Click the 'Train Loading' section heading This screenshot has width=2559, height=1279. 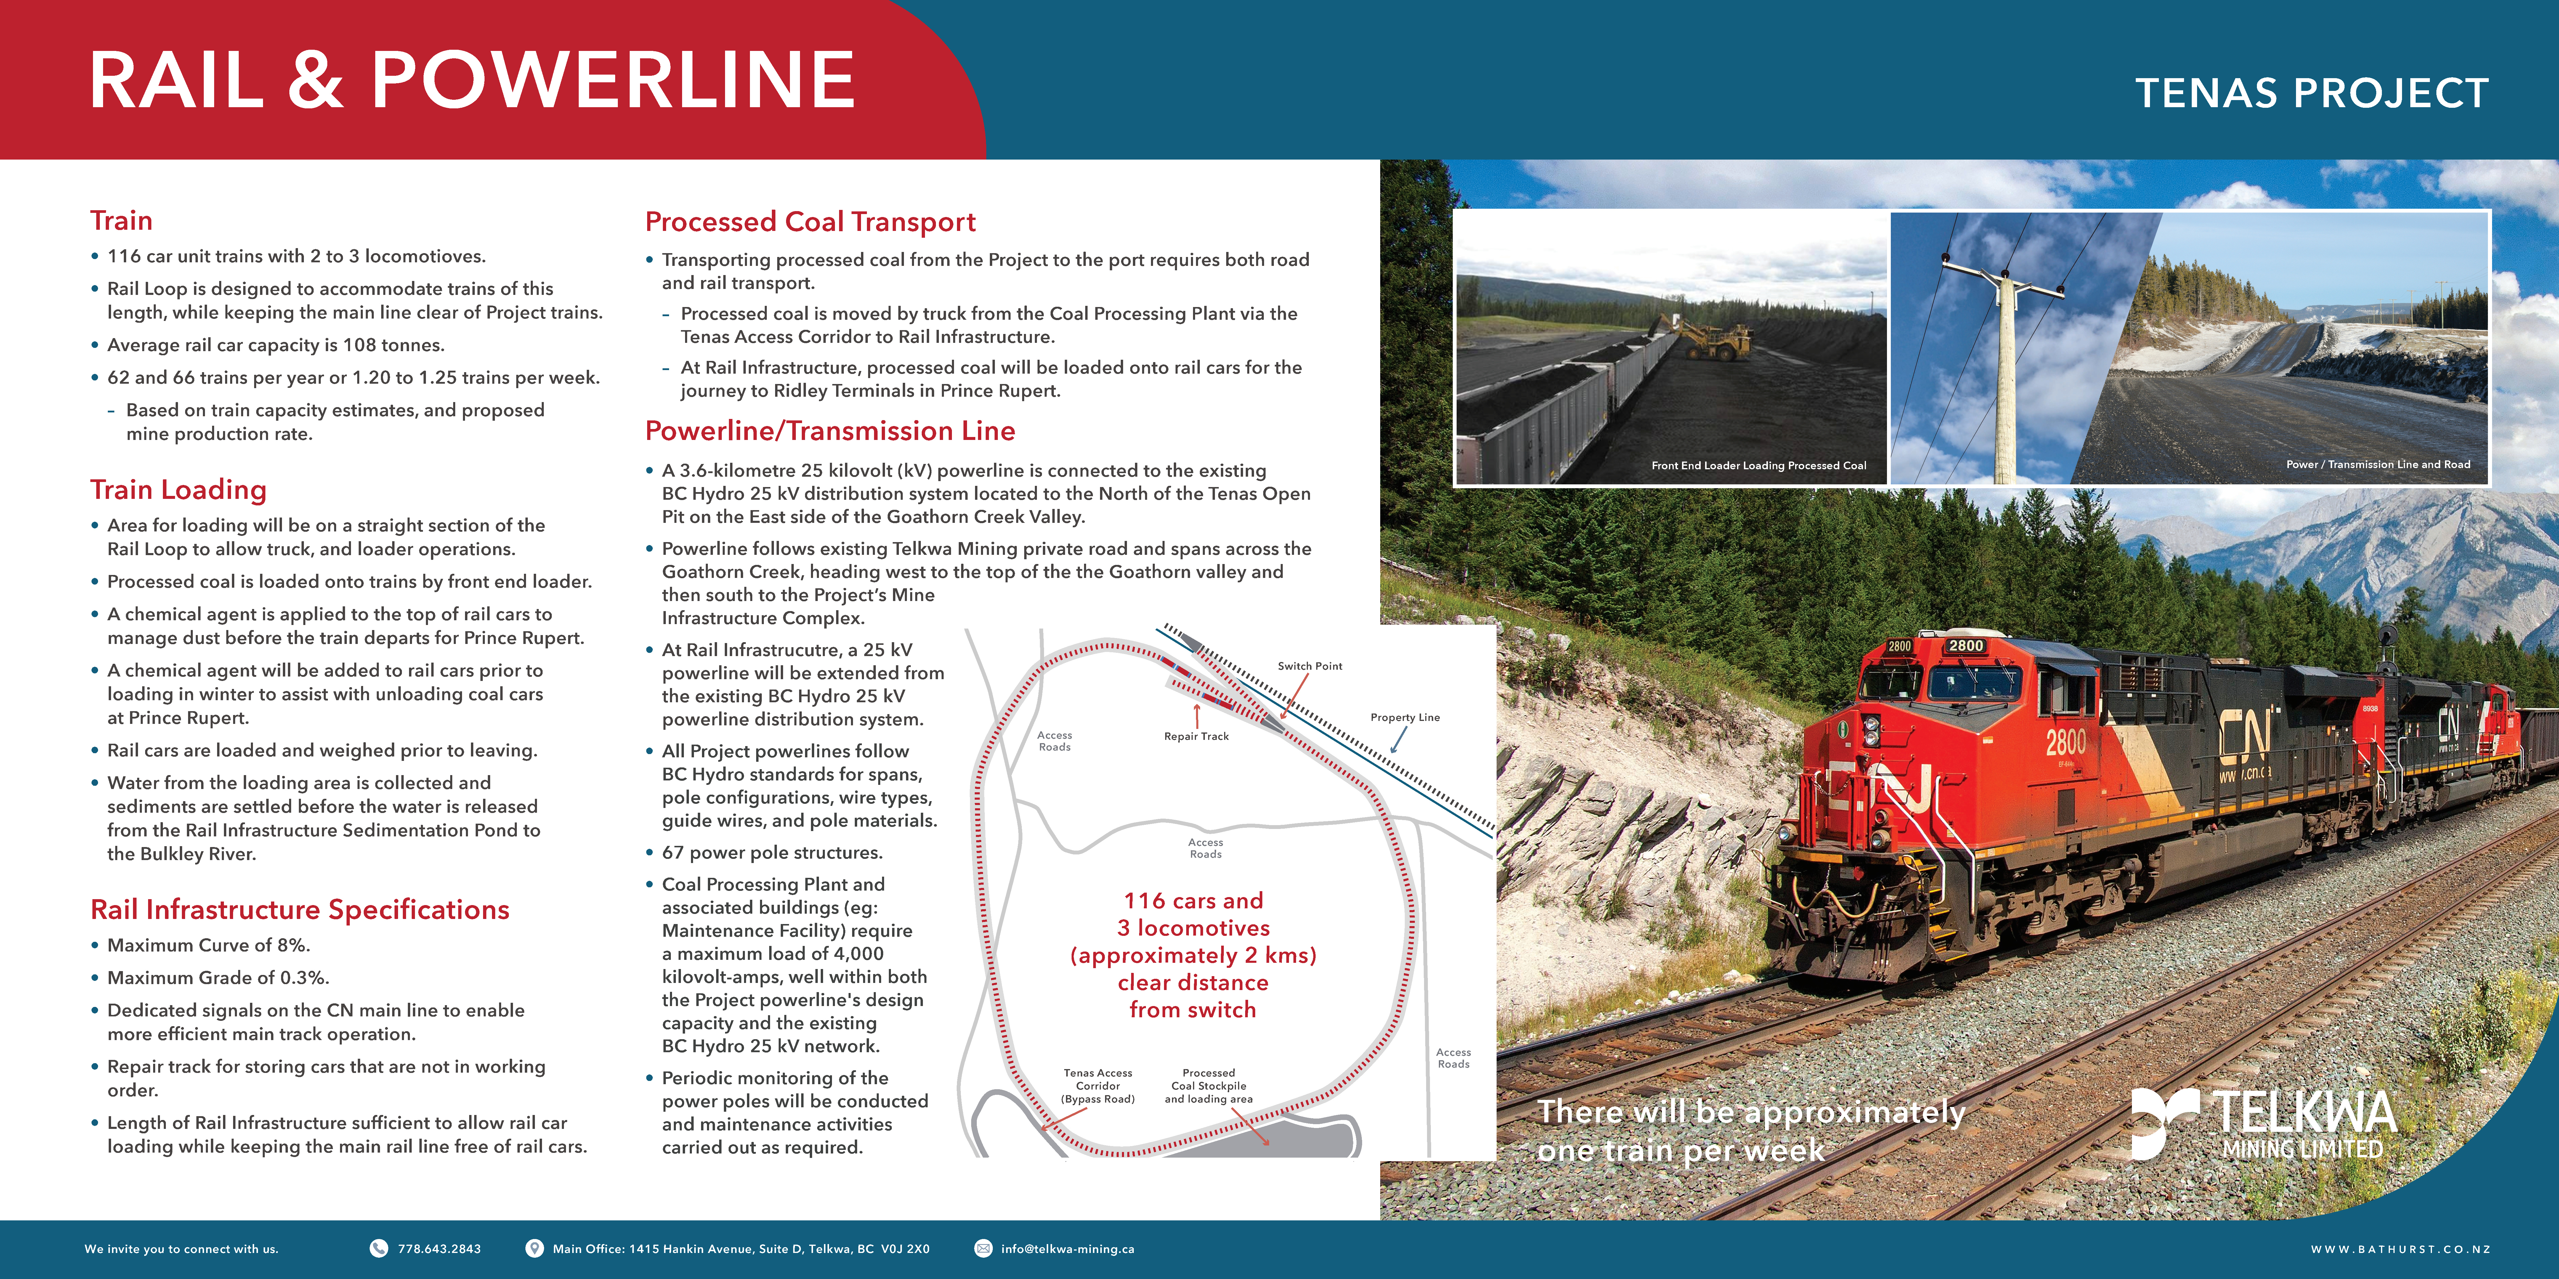(x=179, y=490)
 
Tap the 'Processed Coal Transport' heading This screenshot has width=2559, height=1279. (x=810, y=221)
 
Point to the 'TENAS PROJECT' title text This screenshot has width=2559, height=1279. (x=2312, y=93)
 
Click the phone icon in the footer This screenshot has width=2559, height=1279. (x=379, y=1248)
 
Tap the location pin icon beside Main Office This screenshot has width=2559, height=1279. (x=534, y=1248)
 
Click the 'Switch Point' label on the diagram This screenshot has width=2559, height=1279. (x=1309, y=666)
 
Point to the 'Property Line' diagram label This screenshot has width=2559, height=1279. (x=1405, y=717)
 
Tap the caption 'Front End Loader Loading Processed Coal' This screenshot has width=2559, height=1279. (x=1758, y=465)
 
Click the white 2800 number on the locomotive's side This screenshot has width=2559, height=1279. (x=2065, y=742)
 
